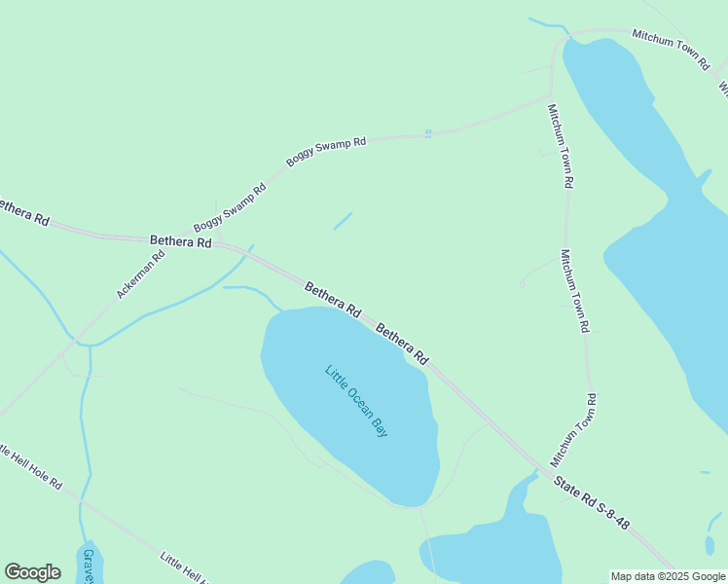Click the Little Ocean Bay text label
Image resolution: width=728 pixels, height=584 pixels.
coord(356,400)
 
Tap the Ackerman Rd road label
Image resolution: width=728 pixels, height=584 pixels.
coord(141,274)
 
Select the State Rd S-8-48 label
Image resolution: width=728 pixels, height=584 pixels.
coord(592,502)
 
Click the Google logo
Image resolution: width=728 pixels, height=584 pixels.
coord(32,572)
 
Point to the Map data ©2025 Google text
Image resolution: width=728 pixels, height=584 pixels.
coord(668,576)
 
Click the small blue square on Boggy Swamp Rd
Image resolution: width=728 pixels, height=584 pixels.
coord(427,133)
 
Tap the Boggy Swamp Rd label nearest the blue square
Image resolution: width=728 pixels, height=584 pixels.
coord(325,150)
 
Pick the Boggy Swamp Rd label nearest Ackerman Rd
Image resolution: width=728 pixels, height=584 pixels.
coord(230,208)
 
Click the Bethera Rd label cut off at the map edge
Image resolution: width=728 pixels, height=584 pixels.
coord(21,212)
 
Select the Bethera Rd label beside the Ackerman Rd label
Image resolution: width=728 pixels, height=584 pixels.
coord(180,241)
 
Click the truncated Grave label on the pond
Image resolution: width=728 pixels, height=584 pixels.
coord(89,566)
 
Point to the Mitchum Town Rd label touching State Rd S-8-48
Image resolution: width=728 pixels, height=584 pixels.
coord(573,430)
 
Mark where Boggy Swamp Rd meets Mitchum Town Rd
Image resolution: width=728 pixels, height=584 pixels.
coord(551,96)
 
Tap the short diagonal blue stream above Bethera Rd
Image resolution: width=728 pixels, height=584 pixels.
coord(343,221)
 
